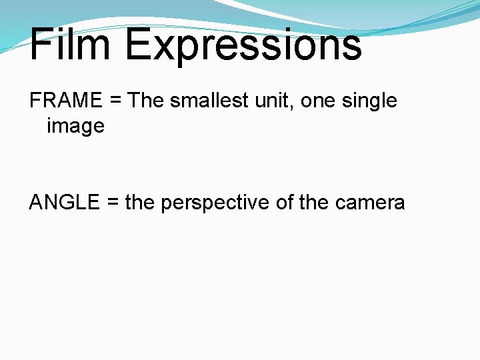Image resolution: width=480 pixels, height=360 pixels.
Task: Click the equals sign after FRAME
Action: click(x=115, y=101)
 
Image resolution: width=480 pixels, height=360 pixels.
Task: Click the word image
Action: click(x=75, y=125)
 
